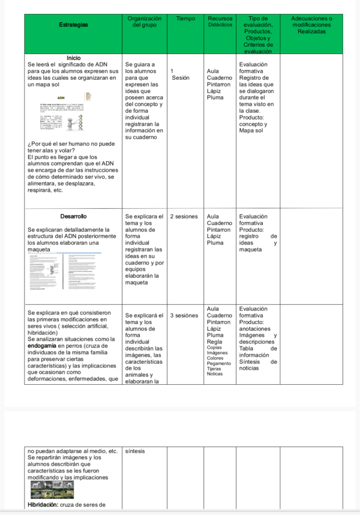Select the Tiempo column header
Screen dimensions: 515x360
pyautogui.click(x=185, y=19)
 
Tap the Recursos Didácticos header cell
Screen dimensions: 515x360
pyautogui.click(x=219, y=22)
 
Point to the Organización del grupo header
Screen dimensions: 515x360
pyautogui.click(x=144, y=22)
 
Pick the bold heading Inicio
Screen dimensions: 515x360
pyautogui.click(x=74, y=58)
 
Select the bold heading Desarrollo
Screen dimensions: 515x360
pyautogui.click(x=74, y=216)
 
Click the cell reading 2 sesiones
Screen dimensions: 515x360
pyautogui.click(x=185, y=216)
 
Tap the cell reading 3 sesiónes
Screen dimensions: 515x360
pyautogui.click(x=185, y=315)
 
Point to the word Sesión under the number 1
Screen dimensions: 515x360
pyautogui.click(x=181, y=77)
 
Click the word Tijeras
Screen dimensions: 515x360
pyautogui.click(x=214, y=369)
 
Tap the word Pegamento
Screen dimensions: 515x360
pyautogui.click(x=218, y=363)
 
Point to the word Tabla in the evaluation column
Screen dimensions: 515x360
pyautogui.click(x=247, y=348)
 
